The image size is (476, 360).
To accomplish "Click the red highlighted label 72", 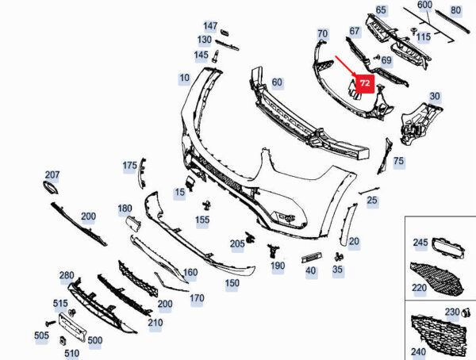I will pyautogui.click(x=364, y=82).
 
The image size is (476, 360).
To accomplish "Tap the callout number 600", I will pyautogui.click(x=424, y=5).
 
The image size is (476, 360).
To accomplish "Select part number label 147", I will pyautogui.click(x=210, y=26).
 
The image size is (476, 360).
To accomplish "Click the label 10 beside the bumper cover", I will pyautogui.click(x=184, y=78).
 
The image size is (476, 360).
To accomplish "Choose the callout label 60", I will pyautogui.click(x=276, y=82).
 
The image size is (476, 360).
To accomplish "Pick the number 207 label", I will pyautogui.click(x=52, y=174).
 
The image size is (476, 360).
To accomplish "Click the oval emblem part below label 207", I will pyautogui.click(x=48, y=188).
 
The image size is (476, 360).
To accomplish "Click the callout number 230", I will pyautogui.click(x=451, y=311).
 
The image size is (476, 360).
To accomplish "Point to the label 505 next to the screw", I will pyautogui.click(x=41, y=335).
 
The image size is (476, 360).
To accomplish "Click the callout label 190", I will pyautogui.click(x=277, y=266).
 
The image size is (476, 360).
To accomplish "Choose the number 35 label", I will pyautogui.click(x=338, y=270).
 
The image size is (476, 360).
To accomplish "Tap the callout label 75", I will pyautogui.click(x=398, y=161).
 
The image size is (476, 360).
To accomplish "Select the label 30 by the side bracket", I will pyautogui.click(x=435, y=97).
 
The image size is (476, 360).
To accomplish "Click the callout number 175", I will pyautogui.click(x=129, y=166).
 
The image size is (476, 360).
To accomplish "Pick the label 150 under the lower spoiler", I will pyautogui.click(x=232, y=282).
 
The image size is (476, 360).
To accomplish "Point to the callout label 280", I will pyautogui.click(x=67, y=275).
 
